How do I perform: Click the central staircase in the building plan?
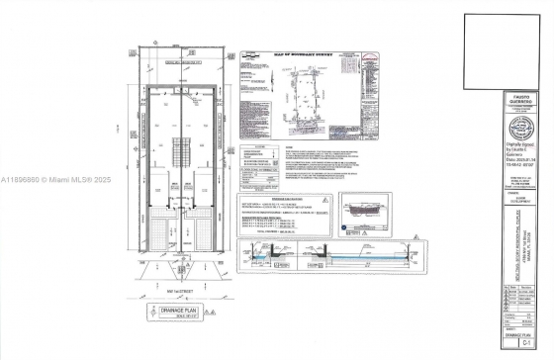tap(180, 152)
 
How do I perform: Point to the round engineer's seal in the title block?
tap(518, 131)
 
